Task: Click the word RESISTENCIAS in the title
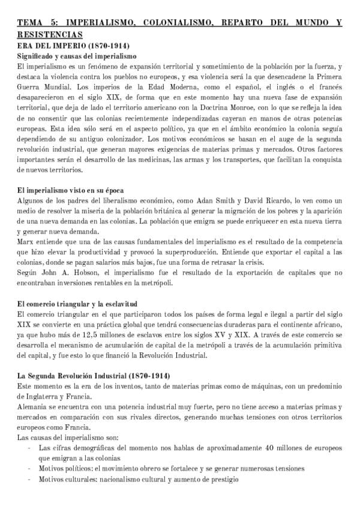pyautogui.click(x=49, y=35)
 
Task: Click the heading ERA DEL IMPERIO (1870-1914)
pyautogui.click(x=74, y=45)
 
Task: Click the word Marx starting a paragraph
pyautogui.click(x=26, y=242)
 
